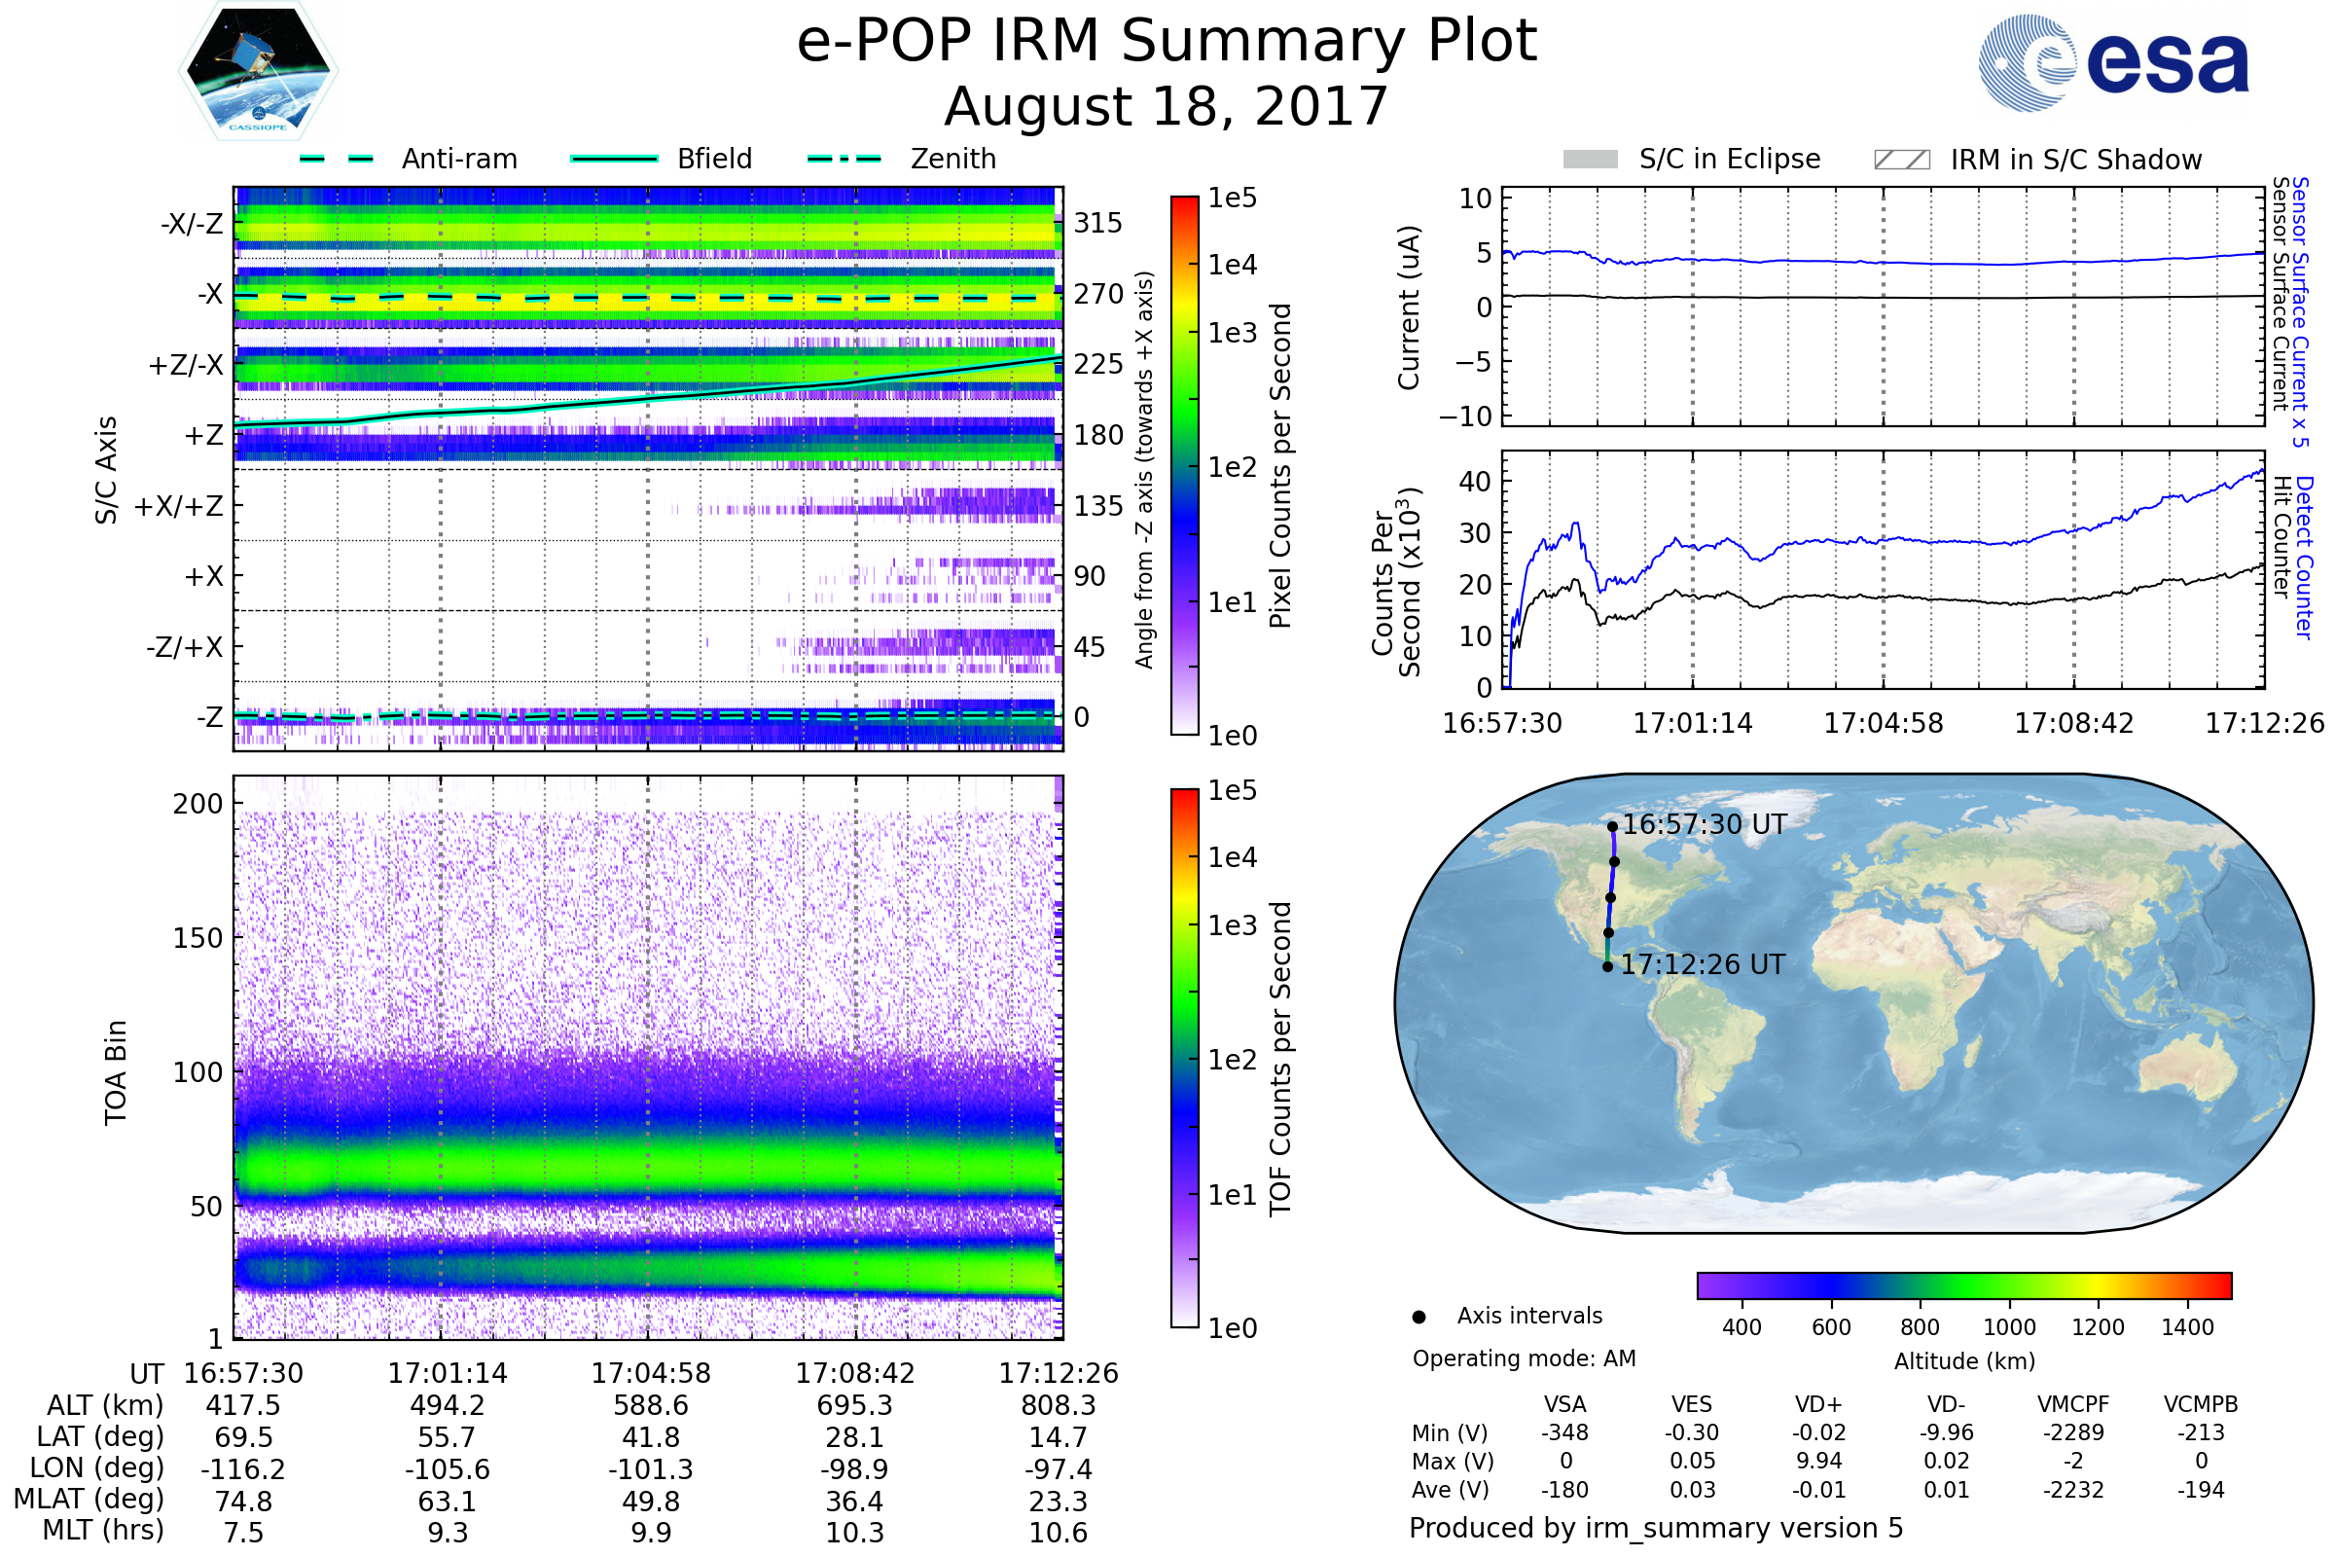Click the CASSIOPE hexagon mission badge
click(258, 70)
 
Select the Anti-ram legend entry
click(408, 159)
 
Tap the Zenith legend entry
click(902, 159)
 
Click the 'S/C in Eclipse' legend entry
click(1692, 159)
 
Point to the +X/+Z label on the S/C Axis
click(179, 506)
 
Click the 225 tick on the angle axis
click(1098, 364)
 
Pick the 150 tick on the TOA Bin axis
click(198, 938)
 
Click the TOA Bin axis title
click(115, 1072)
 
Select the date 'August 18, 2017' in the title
click(1167, 106)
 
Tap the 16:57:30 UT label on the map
click(1705, 824)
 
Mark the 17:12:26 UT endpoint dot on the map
click(1607, 967)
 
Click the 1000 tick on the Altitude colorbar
click(2009, 1327)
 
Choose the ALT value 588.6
click(651, 1406)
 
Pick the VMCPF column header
click(2073, 1405)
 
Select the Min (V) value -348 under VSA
click(1564, 1432)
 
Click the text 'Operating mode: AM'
click(1524, 1358)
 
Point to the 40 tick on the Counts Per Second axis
click(1475, 482)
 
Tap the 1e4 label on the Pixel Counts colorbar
click(1232, 265)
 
